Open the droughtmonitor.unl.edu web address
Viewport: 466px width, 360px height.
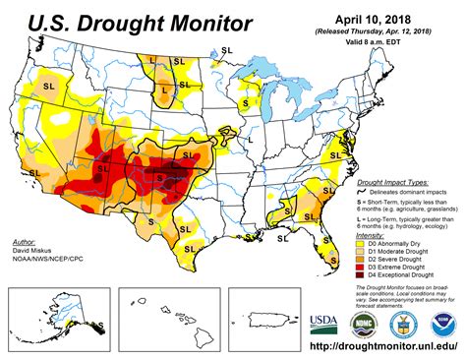374,348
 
